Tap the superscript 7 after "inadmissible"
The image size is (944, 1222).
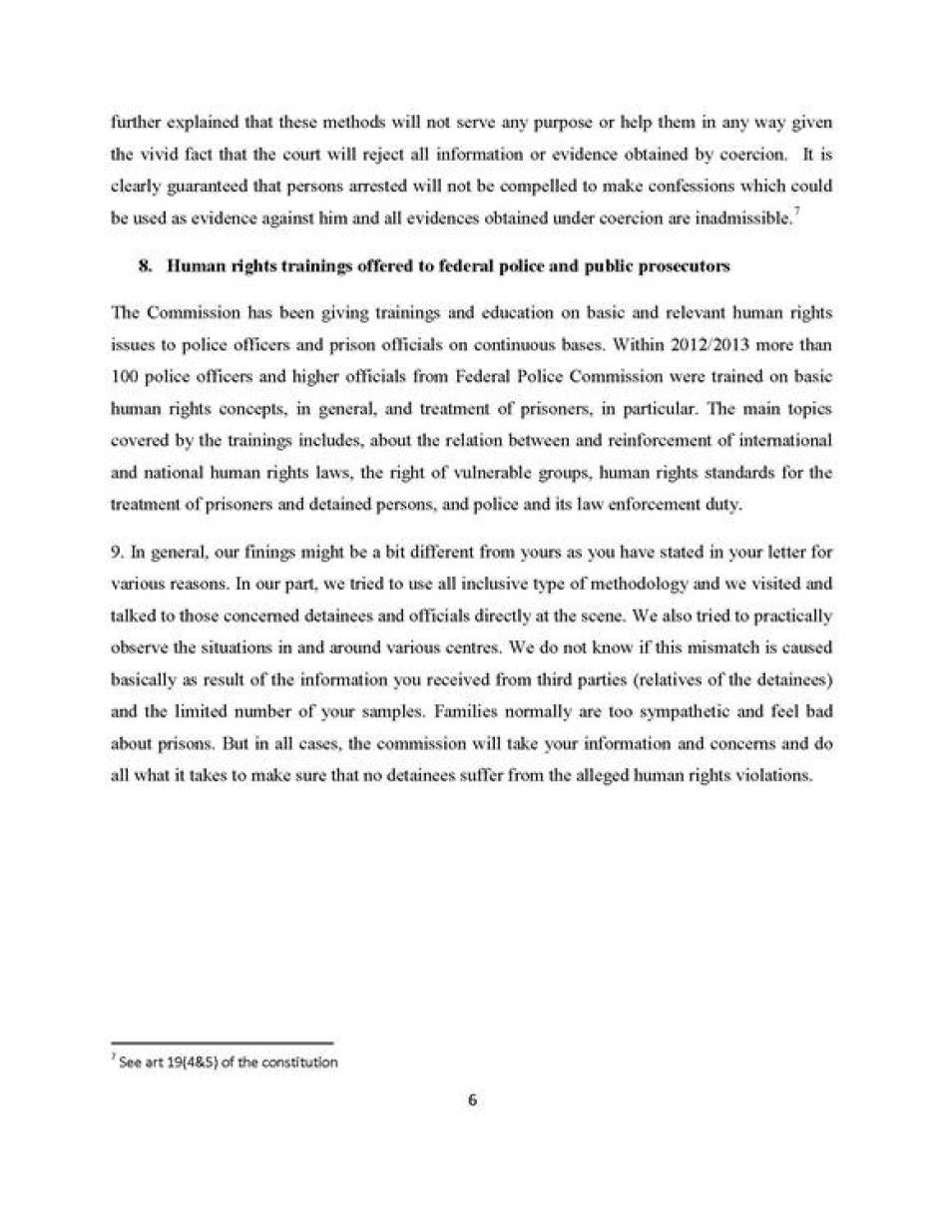tap(792, 212)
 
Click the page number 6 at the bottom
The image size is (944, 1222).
tap(472, 1101)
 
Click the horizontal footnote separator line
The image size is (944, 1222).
tap(221, 1044)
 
